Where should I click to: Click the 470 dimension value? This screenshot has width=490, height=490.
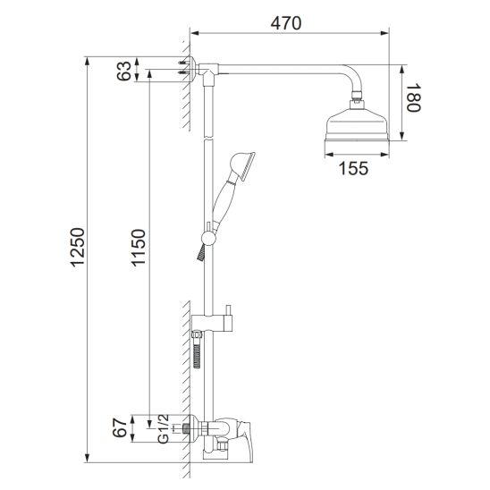(x=286, y=23)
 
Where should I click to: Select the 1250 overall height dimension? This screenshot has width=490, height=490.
(x=77, y=248)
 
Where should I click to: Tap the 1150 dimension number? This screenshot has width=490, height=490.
(x=138, y=248)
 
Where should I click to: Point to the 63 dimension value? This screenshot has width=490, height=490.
(x=124, y=71)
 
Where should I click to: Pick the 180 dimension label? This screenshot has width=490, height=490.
(x=413, y=97)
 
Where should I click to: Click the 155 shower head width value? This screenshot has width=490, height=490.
(x=353, y=168)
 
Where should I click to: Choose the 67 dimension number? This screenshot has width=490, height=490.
(x=121, y=428)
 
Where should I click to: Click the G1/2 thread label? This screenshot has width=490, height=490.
(x=163, y=429)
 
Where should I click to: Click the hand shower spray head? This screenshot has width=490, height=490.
(x=243, y=165)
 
